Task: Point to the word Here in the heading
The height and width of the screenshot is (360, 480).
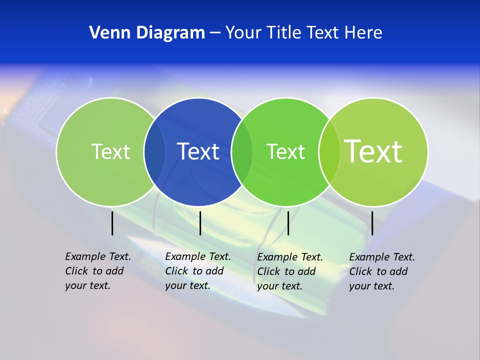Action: coord(363,32)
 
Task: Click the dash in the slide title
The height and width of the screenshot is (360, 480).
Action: coord(215,33)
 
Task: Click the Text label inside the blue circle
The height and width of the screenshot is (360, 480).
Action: coord(198,151)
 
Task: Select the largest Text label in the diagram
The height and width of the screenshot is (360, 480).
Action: coord(373,151)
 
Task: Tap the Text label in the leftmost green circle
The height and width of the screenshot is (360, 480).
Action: coord(110,151)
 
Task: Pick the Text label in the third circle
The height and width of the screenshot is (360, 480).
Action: coord(285,151)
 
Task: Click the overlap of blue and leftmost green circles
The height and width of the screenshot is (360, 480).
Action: coord(154,151)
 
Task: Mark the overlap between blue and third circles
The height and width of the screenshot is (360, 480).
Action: coord(242,151)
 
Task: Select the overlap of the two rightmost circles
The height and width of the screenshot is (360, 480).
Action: coord(329,151)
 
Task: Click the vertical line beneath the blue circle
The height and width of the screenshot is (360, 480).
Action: coord(200,223)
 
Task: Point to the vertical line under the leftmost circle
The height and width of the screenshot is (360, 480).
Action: coord(112,223)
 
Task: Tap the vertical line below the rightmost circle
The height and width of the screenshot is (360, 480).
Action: coord(372,223)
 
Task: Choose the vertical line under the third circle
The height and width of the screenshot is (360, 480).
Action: coord(288,223)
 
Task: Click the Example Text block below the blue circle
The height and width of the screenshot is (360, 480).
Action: coord(197,271)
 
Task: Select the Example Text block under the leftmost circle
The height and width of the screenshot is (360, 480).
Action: coord(97,271)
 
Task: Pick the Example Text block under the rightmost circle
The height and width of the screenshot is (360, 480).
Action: coord(381,271)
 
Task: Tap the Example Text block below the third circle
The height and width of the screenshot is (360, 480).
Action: coord(289,271)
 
